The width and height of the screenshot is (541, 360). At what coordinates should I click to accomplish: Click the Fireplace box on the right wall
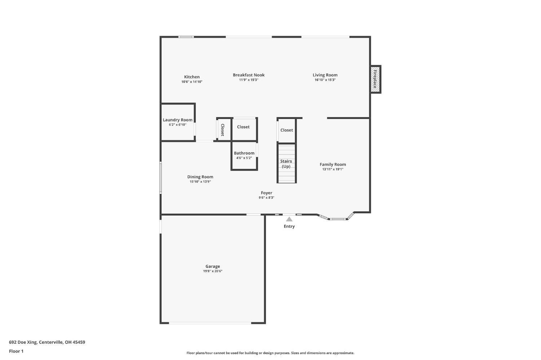click(376, 79)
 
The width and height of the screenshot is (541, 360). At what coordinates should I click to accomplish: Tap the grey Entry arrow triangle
click(289, 219)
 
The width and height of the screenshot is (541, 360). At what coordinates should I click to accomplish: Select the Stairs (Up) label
click(286, 164)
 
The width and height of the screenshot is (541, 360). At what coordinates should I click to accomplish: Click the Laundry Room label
click(177, 120)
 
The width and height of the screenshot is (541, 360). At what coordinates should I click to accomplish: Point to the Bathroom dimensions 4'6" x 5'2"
click(244, 158)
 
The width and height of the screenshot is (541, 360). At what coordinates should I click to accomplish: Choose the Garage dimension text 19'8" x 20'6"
click(212, 271)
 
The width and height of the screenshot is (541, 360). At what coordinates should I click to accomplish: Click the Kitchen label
click(192, 77)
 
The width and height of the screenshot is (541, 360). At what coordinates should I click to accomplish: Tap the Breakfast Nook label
click(248, 75)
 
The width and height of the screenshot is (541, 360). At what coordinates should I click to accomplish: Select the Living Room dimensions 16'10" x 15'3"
click(325, 80)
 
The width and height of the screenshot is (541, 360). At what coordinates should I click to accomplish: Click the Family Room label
click(333, 165)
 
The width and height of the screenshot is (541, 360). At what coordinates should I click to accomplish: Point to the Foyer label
click(267, 193)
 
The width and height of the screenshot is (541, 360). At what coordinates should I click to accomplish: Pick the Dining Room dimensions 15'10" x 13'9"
click(200, 182)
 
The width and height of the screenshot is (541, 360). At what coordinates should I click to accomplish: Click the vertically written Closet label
click(223, 130)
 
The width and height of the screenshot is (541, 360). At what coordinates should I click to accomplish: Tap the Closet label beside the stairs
click(286, 130)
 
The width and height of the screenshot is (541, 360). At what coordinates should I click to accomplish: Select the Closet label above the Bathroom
click(243, 127)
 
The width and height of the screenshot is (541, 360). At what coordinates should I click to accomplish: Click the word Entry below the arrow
click(289, 226)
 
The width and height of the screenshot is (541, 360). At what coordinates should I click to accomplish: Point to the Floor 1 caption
click(16, 351)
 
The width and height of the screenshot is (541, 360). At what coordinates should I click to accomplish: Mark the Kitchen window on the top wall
click(186, 37)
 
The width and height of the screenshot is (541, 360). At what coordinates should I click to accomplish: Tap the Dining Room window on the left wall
click(160, 178)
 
